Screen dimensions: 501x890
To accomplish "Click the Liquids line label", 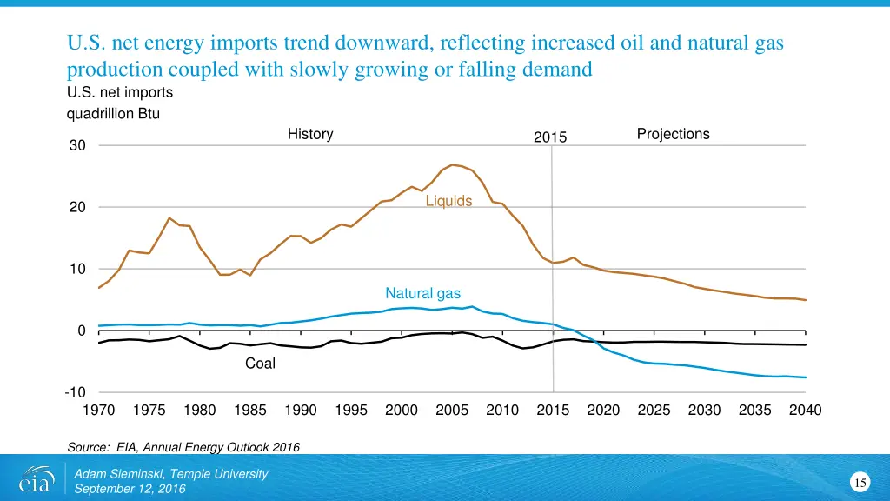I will (x=448, y=202).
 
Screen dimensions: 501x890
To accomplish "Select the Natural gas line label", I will (x=422, y=293).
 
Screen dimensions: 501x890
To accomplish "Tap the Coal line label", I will (x=260, y=364).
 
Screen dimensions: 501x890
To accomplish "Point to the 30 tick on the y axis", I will (x=78, y=146).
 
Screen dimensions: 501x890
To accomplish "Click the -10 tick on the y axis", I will (x=75, y=392).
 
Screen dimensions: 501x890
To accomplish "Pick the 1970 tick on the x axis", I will (x=99, y=410).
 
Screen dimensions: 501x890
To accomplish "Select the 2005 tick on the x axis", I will (x=452, y=410).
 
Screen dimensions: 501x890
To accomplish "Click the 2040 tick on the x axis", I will (x=805, y=410).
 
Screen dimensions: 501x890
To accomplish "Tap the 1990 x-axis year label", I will (x=301, y=410).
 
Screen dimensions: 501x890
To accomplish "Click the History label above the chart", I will (x=310, y=134).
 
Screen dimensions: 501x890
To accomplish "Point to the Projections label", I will (x=673, y=134).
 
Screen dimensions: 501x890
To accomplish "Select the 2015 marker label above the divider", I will (x=550, y=137).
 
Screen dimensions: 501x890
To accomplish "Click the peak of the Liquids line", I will (x=453, y=164).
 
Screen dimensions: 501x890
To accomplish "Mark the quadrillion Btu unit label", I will (x=113, y=113).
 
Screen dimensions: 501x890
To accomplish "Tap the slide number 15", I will (x=860, y=483).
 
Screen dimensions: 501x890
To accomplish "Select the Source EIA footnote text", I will (x=183, y=447).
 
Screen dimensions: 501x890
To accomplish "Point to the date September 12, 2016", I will (x=130, y=489).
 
